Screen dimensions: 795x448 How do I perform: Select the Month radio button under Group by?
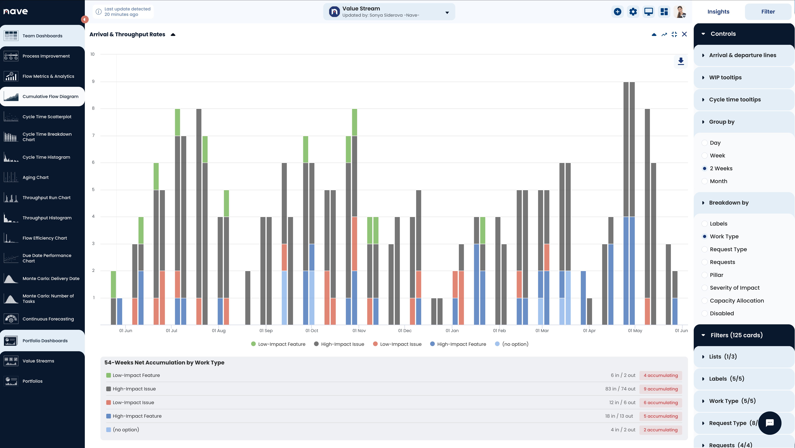click(x=705, y=181)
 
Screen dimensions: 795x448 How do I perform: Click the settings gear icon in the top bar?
click(x=633, y=12)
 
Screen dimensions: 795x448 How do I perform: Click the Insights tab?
click(x=718, y=12)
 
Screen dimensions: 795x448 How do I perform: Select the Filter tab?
click(x=768, y=12)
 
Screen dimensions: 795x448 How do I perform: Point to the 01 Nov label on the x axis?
click(x=359, y=331)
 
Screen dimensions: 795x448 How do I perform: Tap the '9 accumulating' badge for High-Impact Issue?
click(x=661, y=389)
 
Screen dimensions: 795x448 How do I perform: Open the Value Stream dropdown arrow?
click(x=447, y=13)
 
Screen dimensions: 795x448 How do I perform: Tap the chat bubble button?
click(x=770, y=423)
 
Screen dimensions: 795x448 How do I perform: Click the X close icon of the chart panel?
click(x=684, y=34)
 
